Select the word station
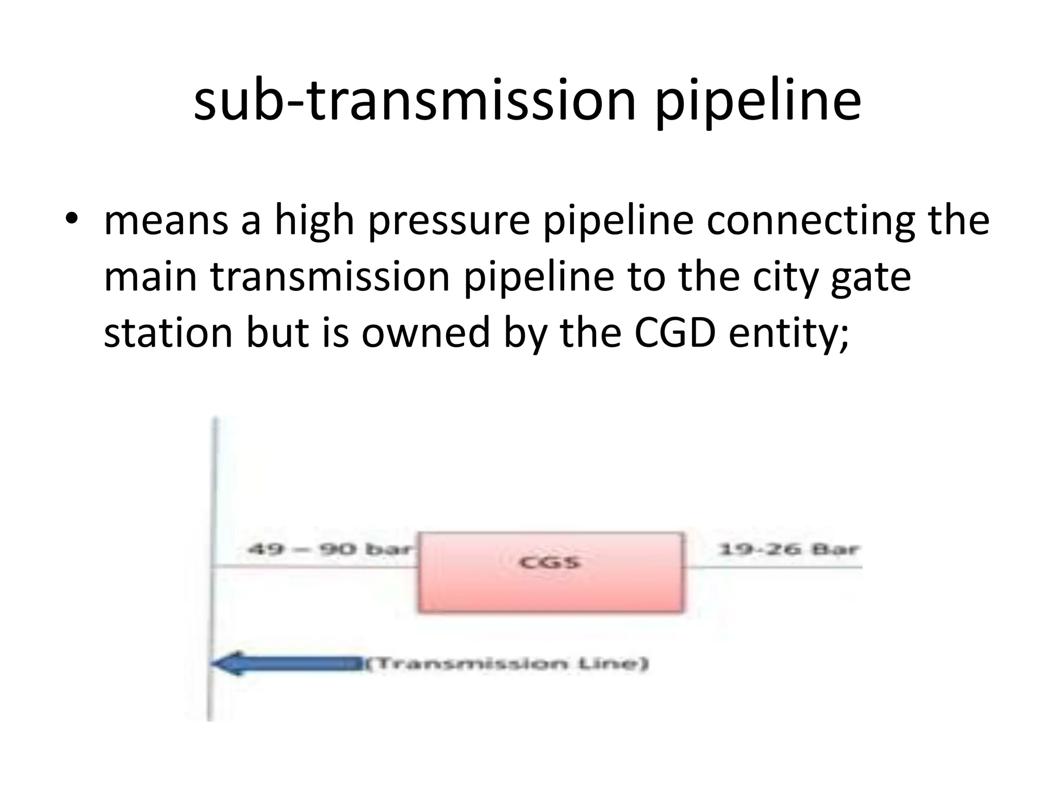pyautogui.click(x=168, y=333)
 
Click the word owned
pyautogui.click(x=426, y=333)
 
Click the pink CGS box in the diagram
pyautogui.click(x=551, y=572)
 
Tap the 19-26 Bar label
pyautogui.click(x=788, y=550)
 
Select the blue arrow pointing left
pyautogui.click(x=287, y=663)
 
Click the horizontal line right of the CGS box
pyautogui.click(x=773, y=567)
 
